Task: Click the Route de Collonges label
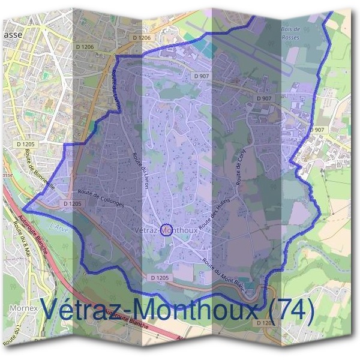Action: click(101, 199)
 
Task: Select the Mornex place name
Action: click(24, 309)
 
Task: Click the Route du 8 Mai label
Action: click(23, 239)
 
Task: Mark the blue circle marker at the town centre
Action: click(167, 230)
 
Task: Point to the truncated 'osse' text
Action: click(7, 175)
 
